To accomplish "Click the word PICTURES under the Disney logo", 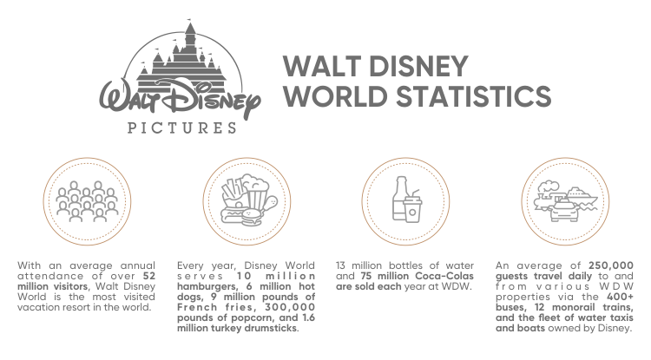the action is [182, 128].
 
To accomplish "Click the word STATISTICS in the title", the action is [473, 95].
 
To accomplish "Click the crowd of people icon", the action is [87, 201].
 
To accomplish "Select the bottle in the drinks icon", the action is [400, 199].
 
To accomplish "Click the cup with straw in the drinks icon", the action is [412, 206].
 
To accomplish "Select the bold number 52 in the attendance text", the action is [149, 276].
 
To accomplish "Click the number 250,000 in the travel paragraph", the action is [611, 265].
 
